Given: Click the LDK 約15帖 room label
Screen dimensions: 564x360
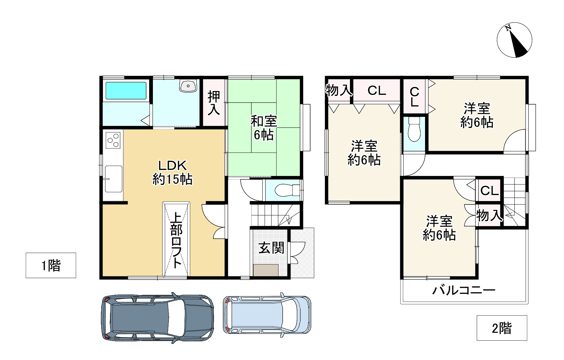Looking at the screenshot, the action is click(x=173, y=173).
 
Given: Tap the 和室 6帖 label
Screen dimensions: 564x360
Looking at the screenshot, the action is click(x=264, y=128).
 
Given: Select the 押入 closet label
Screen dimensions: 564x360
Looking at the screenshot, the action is click(x=214, y=103).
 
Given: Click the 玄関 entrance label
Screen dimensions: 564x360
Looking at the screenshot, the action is click(x=271, y=248).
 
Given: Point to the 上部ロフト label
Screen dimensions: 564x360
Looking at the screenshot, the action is click(x=176, y=240).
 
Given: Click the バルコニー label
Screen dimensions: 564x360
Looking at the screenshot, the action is click(x=464, y=290).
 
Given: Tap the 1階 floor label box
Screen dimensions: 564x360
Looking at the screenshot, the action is click(x=51, y=265).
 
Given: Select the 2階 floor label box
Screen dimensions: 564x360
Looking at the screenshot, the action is click(x=502, y=328).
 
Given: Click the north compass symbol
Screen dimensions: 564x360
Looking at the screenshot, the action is click(x=514, y=40).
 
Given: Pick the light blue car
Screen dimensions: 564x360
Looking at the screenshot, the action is click(x=267, y=315).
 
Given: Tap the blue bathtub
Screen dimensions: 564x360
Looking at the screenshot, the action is click(x=126, y=90).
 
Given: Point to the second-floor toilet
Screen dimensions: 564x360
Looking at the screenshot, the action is click(x=414, y=129).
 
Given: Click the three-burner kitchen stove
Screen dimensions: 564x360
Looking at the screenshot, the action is click(x=113, y=140).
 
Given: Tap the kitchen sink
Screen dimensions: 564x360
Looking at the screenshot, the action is click(x=113, y=179).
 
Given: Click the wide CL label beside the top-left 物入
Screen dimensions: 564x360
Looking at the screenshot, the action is click(x=377, y=91).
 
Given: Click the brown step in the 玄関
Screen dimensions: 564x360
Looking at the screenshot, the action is click(x=266, y=270).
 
